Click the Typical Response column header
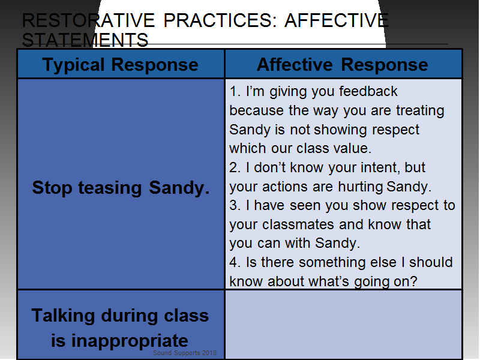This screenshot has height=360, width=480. [121, 65]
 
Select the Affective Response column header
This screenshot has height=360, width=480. [342, 65]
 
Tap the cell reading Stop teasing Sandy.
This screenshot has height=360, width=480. [121, 187]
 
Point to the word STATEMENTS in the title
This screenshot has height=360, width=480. [85, 40]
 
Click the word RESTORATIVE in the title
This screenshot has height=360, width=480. [88, 20]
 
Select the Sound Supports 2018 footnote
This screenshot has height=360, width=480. [185, 353]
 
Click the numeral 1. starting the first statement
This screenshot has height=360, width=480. [235, 92]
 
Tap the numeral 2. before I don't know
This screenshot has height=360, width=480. [235, 167]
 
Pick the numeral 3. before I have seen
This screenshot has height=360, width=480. [235, 205]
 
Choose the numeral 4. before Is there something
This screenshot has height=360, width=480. [235, 262]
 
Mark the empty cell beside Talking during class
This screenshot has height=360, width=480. [343, 324]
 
